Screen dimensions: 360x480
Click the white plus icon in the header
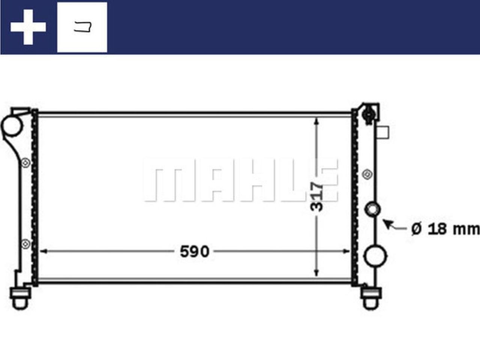[x=28, y=27]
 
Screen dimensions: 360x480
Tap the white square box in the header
[x=82, y=27]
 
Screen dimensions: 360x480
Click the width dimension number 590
[x=194, y=252]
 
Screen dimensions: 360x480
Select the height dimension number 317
[x=317, y=196]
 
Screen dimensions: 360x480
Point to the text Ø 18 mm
[x=445, y=229]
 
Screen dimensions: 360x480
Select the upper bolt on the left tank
[x=25, y=163]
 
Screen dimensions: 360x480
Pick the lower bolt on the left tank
[x=25, y=244]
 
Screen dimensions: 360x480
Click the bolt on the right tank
[x=367, y=174]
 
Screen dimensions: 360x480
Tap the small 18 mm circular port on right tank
[x=373, y=209]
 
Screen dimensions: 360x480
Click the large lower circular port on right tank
[x=375, y=256]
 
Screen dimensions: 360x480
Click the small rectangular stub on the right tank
[x=384, y=132]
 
